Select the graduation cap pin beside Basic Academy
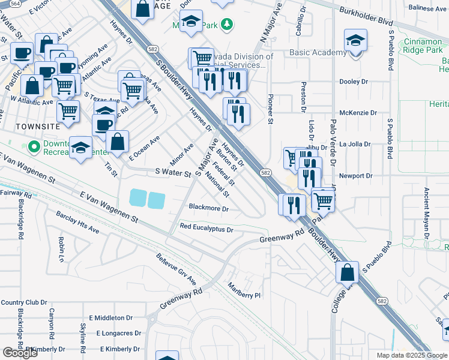355,41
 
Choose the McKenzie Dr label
358,113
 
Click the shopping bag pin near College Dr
348,273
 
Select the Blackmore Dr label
209,208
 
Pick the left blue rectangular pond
137,197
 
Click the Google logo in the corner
20,353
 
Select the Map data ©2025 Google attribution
411,355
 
